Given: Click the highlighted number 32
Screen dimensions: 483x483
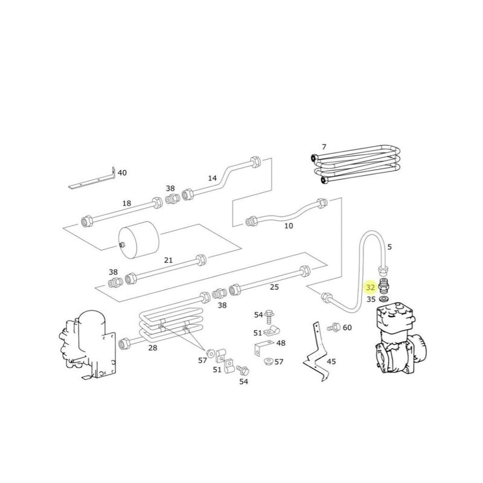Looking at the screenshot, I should click(371, 288).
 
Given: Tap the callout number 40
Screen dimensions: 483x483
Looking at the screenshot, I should click(122, 173).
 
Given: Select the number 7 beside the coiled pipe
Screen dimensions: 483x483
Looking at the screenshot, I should click(324, 147).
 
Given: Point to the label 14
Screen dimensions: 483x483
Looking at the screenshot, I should click(212, 178).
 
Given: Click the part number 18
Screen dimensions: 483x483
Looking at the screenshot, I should click(127, 203).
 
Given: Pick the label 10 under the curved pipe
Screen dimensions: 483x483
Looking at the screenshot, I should click(289, 226).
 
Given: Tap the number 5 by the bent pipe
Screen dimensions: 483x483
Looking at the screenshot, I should click(389, 246).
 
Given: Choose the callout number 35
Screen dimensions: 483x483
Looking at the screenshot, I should click(371, 299).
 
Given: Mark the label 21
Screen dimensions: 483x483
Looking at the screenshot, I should click(168, 260).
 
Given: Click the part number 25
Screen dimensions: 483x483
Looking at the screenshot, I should click(274, 287).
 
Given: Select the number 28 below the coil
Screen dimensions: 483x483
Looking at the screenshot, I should click(152, 348).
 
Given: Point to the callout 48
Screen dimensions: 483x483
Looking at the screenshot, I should click(281, 343).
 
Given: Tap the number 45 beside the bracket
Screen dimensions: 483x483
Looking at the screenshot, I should click(331, 362).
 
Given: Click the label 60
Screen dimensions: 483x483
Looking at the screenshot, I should click(347, 327).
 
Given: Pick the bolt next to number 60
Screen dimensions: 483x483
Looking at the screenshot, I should click(333, 327).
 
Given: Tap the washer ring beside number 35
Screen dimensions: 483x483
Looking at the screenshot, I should click(385, 298).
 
